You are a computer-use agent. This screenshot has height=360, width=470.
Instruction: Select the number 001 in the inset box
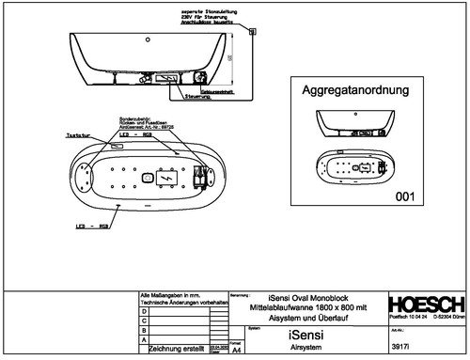click(405, 197)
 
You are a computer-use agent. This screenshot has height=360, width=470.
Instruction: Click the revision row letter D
click(143, 310)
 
